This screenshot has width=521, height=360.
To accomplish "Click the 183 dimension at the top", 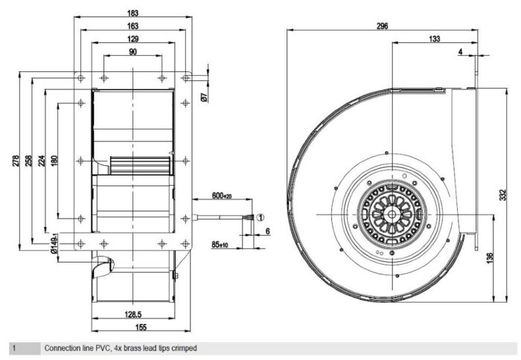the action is click(132, 13).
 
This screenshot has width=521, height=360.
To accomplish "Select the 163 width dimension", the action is click(132, 26).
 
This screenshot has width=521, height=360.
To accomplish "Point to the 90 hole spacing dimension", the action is click(132, 52).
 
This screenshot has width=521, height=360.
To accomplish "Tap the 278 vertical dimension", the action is click(16, 161).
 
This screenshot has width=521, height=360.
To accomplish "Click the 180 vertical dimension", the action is click(54, 161).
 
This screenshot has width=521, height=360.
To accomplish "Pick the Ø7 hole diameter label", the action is click(205, 97).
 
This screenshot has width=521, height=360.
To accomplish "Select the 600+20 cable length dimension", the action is click(222, 196).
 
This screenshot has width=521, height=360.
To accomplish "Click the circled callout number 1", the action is click(260, 217).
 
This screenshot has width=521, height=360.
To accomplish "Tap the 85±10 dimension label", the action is click(220, 245).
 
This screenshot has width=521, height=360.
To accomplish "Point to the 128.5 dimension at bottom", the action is click(133, 314).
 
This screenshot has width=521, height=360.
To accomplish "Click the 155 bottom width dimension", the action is click(141, 327).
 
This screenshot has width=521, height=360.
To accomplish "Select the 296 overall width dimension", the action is click(382, 26).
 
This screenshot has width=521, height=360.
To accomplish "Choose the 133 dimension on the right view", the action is click(434, 39).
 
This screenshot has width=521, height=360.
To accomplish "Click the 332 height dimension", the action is click(503, 195).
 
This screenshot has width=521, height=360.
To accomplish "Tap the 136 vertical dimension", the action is click(490, 258).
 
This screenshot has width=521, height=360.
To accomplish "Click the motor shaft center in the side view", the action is click(392, 214).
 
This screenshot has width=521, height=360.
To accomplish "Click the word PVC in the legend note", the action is click(103, 348).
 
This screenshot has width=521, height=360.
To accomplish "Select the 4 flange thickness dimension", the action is click(460, 52).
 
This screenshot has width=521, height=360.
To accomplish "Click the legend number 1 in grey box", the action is click(14, 348).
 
